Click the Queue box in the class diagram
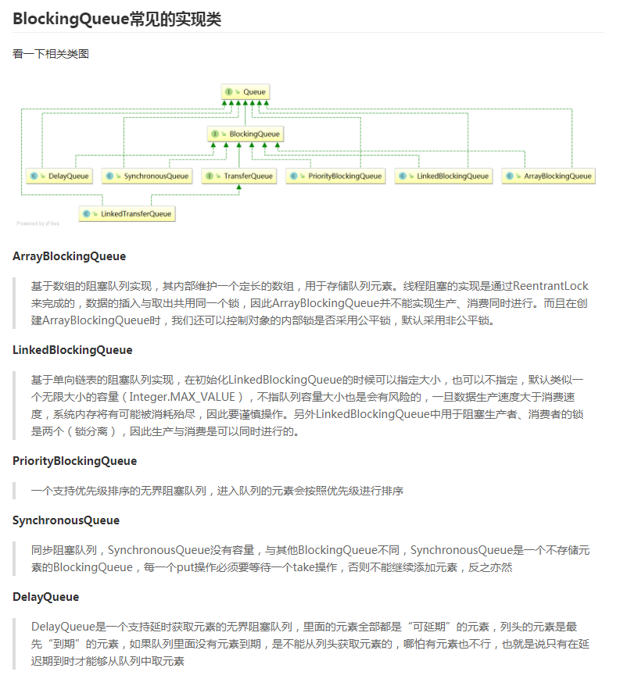[246, 92]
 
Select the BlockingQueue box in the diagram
[245, 134]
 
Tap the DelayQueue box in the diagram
[59, 176]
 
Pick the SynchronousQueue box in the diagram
[147, 176]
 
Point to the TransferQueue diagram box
[239, 176]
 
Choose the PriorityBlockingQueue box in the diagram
[335, 176]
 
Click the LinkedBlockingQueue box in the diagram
[443, 176]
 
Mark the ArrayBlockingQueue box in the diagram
[548, 176]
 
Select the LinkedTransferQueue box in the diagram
[127, 213]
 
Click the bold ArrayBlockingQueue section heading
[69, 256]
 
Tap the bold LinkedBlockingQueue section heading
[73, 350]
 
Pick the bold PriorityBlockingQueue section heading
[74, 461]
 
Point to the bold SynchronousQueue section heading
[66, 520]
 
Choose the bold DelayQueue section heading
[45, 597]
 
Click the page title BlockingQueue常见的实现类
[116, 19]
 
